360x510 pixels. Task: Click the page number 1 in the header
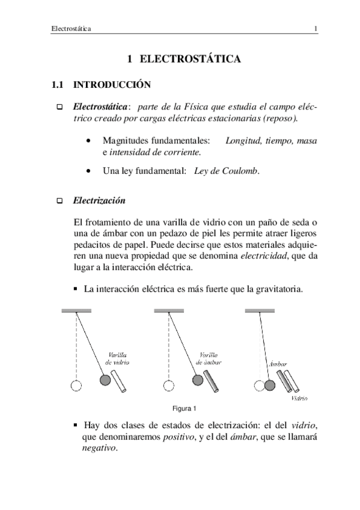(x=316, y=29)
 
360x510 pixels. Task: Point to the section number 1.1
(x=58, y=85)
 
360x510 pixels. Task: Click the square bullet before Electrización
(x=59, y=200)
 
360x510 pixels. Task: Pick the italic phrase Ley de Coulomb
(x=227, y=171)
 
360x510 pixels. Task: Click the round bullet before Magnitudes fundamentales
(x=89, y=141)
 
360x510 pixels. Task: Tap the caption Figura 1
(x=185, y=409)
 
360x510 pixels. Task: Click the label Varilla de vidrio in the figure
(x=117, y=359)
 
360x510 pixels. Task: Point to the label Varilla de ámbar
(x=210, y=359)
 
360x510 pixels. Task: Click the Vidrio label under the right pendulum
(x=299, y=398)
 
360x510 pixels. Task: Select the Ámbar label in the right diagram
(x=277, y=364)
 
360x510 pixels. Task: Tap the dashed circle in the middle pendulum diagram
(x=169, y=386)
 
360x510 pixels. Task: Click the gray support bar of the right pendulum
(x=260, y=310)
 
